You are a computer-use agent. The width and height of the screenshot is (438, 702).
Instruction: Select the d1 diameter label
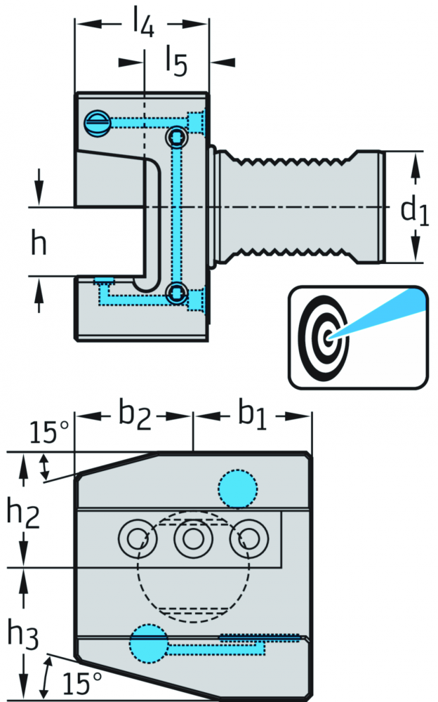[414, 210]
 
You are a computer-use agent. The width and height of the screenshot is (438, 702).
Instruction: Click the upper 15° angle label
[49, 432]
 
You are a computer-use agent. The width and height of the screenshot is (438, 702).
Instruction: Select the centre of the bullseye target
[328, 336]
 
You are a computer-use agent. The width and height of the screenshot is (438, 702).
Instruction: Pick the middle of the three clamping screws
[193, 538]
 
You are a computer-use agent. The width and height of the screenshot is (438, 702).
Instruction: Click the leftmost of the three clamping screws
[138, 538]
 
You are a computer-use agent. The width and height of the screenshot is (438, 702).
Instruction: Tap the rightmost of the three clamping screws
[249, 538]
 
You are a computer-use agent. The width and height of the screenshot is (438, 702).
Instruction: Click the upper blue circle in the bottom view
[238, 489]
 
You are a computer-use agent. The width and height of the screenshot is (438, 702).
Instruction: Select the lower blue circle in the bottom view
[149, 643]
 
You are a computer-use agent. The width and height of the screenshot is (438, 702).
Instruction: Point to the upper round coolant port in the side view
[177, 137]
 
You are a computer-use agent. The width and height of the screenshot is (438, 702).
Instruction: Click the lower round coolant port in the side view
[177, 293]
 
